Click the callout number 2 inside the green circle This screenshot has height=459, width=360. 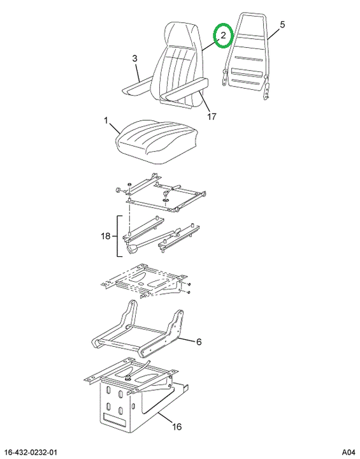coord(223,36)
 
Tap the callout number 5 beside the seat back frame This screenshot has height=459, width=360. coord(282,25)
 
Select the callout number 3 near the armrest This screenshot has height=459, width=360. coord(134,59)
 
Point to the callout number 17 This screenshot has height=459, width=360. coord(212,117)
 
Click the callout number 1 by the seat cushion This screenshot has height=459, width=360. coord(106,120)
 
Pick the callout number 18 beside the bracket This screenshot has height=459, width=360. coord(106,236)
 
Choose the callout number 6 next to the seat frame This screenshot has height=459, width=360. coord(199,342)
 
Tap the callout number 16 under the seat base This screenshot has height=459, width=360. coord(176,426)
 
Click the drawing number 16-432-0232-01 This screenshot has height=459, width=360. coord(31,452)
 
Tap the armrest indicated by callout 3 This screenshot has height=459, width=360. coord(137,87)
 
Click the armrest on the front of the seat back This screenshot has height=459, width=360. coord(186,89)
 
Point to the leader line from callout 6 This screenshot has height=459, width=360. coord(187,340)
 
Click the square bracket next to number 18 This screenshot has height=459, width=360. coord(119,237)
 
